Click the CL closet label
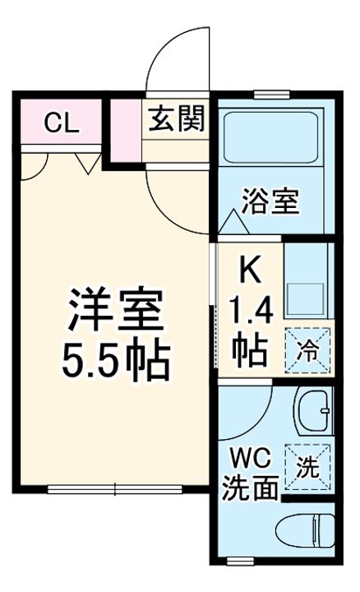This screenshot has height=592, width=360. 61,124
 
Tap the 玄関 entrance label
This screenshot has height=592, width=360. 176,121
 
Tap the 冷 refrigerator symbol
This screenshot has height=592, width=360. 308,349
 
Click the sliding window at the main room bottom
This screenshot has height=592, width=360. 116,491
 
